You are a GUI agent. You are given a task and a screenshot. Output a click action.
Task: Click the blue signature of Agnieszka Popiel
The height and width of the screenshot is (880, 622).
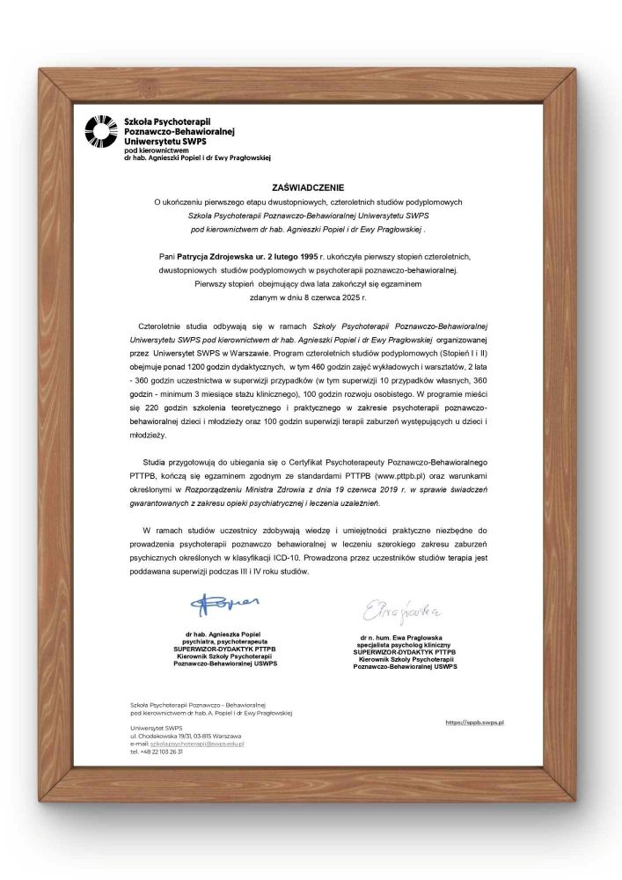point(225,605)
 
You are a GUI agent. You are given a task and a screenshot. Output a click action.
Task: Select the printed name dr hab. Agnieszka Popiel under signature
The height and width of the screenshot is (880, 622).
point(225,634)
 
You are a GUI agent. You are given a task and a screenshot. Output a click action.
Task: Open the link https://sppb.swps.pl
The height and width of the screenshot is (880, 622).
point(479,722)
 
